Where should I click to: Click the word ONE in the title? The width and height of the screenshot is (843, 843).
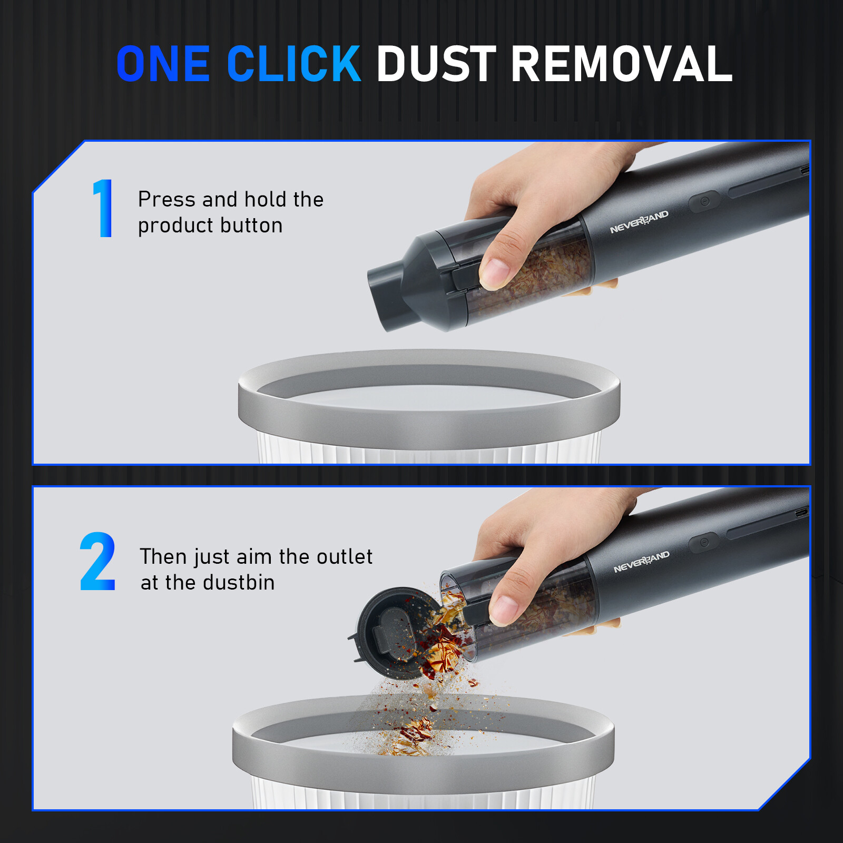(x=163, y=64)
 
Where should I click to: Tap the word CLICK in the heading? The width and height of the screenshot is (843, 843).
(x=294, y=64)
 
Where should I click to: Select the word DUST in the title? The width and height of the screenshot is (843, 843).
(x=436, y=64)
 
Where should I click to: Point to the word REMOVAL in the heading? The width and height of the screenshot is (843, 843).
(x=622, y=64)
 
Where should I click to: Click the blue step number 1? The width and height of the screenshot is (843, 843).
(x=103, y=208)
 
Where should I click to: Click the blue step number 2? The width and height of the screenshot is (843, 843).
(x=97, y=561)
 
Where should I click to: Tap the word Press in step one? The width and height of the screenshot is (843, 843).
(x=166, y=199)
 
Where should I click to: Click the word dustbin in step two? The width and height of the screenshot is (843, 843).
(x=239, y=583)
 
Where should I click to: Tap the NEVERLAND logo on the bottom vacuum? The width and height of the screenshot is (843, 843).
(x=642, y=562)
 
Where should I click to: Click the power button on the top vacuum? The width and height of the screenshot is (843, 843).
(x=704, y=201)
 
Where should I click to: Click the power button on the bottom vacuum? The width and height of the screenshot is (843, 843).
(x=704, y=542)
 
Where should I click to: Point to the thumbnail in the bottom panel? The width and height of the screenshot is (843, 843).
(x=504, y=607)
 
